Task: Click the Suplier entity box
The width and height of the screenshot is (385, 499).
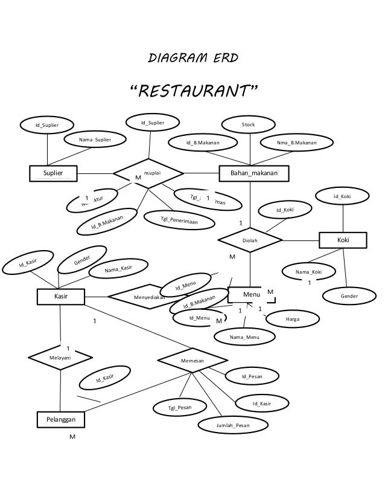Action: pos(56,173)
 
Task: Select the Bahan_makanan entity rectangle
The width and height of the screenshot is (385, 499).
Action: pos(254,173)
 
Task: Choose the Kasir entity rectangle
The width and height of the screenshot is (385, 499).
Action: pos(60,297)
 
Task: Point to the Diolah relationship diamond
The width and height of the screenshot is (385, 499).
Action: pos(249,240)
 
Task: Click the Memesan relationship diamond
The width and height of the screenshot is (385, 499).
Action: pos(192,360)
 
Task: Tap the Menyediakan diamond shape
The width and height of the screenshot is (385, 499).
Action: pos(148,297)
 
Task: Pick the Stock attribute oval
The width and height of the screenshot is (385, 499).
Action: pos(248,125)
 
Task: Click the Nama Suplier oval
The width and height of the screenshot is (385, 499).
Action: pos(95,140)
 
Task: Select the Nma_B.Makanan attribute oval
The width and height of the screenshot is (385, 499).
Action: pos(296,143)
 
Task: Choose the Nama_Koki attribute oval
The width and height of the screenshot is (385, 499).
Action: pos(309,272)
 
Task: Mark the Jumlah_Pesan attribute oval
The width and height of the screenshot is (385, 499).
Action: pos(232,425)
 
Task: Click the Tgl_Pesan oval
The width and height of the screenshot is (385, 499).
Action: pos(179,408)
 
